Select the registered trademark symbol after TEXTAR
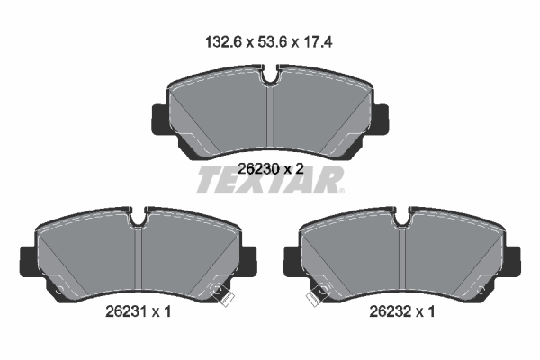tap(340, 191)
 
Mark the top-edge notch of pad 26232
tap(402, 216)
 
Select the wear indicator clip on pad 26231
tap(217, 292)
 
